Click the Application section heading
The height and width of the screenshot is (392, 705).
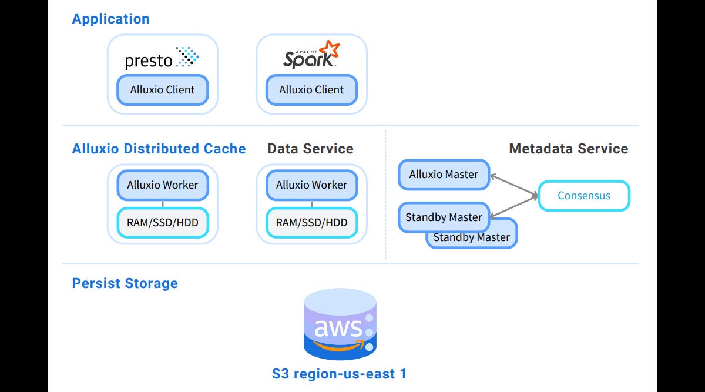(110, 19)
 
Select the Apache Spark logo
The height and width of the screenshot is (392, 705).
(311, 55)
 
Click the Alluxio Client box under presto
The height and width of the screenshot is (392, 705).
(162, 91)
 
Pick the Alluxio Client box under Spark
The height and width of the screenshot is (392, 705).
(311, 91)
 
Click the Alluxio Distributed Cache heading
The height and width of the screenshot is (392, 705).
(159, 149)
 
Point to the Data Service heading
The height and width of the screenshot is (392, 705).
(310, 149)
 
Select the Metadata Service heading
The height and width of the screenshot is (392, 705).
(568, 149)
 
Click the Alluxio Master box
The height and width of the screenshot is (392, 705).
(444, 175)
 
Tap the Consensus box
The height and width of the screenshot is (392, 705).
(583, 196)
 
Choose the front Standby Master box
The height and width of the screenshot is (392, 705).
(444, 217)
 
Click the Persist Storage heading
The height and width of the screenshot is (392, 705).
(125, 283)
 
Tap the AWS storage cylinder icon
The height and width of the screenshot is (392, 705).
(340, 325)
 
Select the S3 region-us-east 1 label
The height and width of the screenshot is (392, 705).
(339, 374)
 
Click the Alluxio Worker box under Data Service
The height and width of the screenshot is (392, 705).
(311, 185)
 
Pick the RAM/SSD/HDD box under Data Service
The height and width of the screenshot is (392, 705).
(311, 223)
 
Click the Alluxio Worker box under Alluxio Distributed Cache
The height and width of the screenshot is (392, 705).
(162, 185)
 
